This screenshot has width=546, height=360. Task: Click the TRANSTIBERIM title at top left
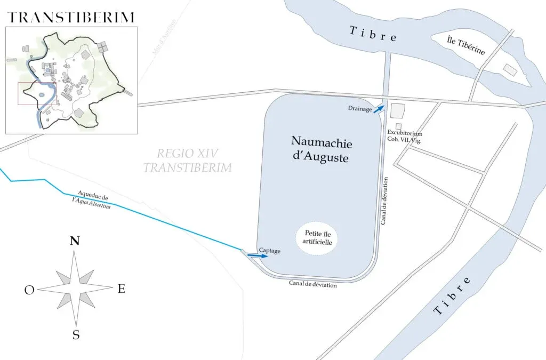(70, 17)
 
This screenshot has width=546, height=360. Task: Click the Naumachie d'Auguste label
(322, 149)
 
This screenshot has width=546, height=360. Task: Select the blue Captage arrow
(257, 256)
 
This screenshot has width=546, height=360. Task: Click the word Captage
(269, 250)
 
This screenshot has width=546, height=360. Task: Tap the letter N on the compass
(75, 241)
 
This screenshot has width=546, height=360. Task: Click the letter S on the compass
(76, 335)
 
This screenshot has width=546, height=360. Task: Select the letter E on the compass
(121, 289)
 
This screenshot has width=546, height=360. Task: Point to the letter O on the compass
(29, 290)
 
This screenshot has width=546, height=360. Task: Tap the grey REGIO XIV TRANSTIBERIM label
(188, 161)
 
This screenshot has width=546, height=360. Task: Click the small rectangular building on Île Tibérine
(510, 69)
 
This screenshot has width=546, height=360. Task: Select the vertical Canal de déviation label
(384, 201)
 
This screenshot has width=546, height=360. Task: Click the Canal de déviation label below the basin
(313, 285)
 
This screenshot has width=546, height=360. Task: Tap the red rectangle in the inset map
(37, 93)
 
